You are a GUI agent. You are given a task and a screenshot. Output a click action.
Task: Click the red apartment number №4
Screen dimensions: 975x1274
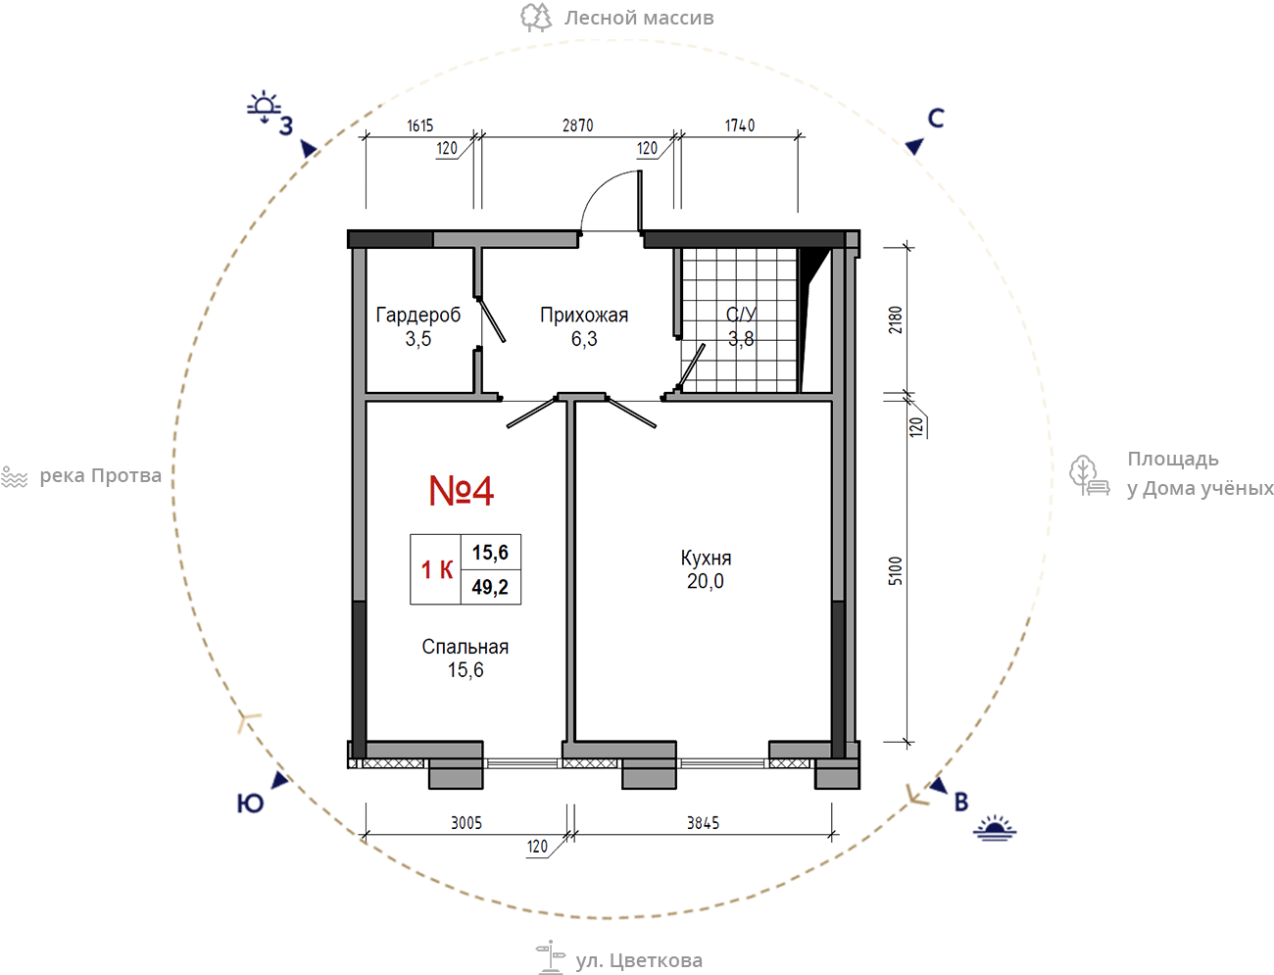(461, 490)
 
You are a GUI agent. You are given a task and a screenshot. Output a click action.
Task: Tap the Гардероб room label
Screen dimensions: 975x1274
(418, 316)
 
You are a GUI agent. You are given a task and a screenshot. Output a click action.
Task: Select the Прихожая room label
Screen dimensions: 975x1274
(584, 316)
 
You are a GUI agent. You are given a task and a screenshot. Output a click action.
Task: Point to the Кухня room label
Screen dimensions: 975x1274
(706, 558)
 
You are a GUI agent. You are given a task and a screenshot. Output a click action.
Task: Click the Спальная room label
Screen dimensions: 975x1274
(465, 647)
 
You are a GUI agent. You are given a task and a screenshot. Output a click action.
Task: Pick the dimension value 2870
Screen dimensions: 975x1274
(577, 125)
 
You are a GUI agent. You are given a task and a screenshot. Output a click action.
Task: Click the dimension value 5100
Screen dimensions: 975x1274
(896, 570)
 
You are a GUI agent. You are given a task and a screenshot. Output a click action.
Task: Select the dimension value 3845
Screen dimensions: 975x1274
(703, 823)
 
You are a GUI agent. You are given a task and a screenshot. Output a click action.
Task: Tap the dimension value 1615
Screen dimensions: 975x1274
(419, 125)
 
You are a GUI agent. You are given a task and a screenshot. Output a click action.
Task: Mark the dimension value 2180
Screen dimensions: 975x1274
(896, 319)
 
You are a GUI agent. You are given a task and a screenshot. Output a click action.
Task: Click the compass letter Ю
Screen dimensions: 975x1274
(251, 804)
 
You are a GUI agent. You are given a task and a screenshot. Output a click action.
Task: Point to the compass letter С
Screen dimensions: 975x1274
(936, 119)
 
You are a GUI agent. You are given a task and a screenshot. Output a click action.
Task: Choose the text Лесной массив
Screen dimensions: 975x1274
(639, 18)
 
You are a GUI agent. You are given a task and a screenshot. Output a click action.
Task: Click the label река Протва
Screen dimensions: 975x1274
(100, 476)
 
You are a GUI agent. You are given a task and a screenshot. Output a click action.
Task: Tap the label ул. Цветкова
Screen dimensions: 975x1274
(639, 960)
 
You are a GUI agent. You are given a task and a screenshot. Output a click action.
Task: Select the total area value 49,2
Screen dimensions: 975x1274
(490, 587)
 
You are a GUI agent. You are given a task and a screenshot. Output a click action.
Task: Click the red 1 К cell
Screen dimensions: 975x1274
(437, 569)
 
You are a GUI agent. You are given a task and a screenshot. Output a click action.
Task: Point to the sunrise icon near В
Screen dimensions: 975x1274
(995, 828)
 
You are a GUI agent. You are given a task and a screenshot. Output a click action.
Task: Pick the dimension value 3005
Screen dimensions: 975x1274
(466, 823)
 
